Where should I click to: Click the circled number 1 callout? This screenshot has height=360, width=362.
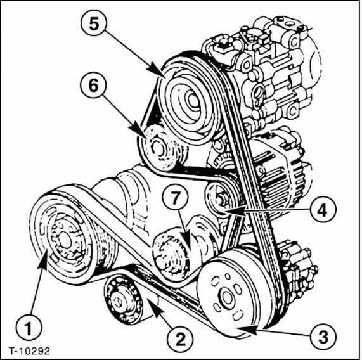coord(29,328)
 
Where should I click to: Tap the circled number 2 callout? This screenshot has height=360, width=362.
coord(180,340)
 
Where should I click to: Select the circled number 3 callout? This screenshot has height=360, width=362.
coord(323,337)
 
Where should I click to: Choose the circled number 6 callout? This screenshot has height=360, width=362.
coord(93,86)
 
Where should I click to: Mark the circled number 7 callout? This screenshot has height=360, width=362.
coord(176,198)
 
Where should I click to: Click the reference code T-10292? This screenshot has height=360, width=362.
coord(29,351)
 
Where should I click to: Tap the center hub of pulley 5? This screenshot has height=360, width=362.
coord(191,100)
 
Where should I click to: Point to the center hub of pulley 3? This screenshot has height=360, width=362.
coord(226,297)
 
